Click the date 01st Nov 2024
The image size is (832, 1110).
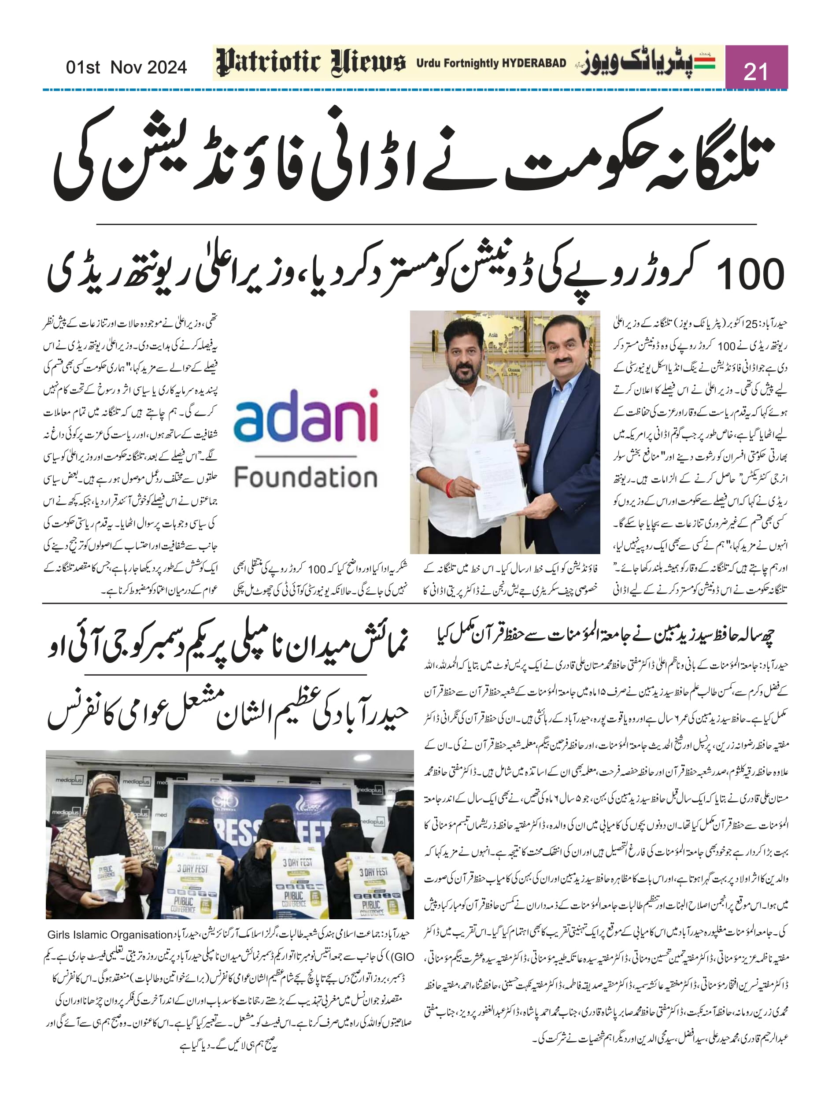pyautogui.click(x=126, y=67)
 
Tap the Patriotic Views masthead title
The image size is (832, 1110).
pyautogui.click(x=310, y=63)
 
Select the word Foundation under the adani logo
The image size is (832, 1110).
pyautogui.click(x=306, y=477)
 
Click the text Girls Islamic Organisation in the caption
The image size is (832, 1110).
pyautogui.click(x=110, y=935)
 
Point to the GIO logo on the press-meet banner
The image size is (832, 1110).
pyautogui.click(x=221, y=801)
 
